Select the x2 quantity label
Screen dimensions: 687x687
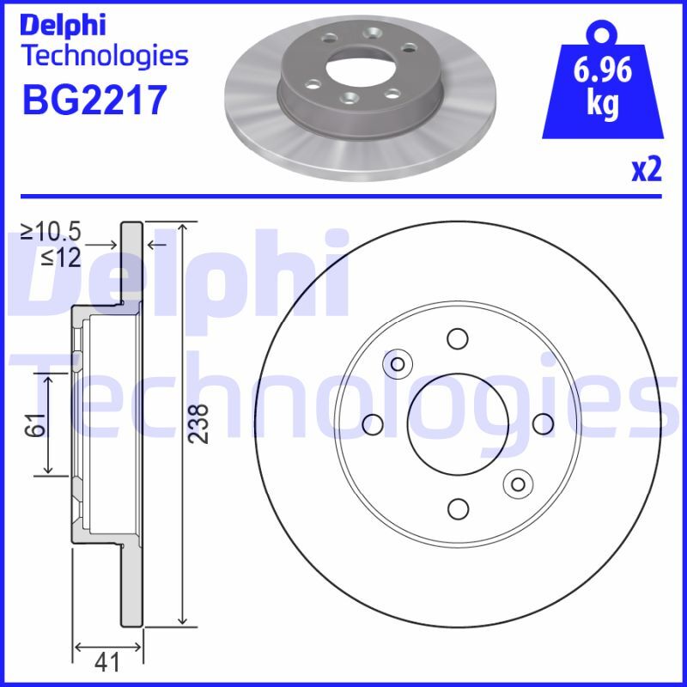pyautogui.click(x=646, y=170)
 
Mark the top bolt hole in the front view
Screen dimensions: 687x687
pyautogui.click(x=458, y=337)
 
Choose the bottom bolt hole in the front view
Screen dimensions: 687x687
pyautogui.click(x=458, y=509)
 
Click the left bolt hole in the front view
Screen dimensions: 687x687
pyautogui.click(x=373, y=423)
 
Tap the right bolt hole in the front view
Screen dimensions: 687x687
pyautogui.click(x=543, y=423)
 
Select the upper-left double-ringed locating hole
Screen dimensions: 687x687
pyautogui.click(x=398, y=364)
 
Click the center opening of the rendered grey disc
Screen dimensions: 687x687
pyautogui.click(x=359, y=65)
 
